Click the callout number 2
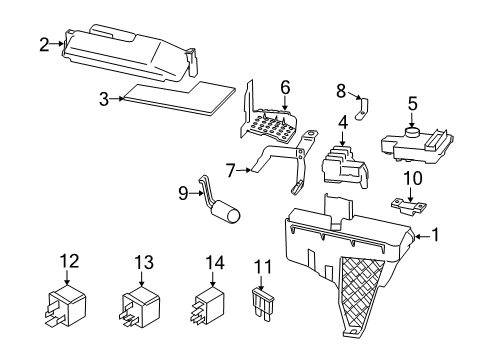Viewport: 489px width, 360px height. click(43, 44)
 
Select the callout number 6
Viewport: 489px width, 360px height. click(285, 88)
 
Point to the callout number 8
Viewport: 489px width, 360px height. click(340, 90)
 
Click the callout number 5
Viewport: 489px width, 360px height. click(411, 102)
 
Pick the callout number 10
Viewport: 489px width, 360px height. click(411, 178)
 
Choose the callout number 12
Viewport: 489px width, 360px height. click(68, 262)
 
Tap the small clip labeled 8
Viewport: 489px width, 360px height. click(364, 103)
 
